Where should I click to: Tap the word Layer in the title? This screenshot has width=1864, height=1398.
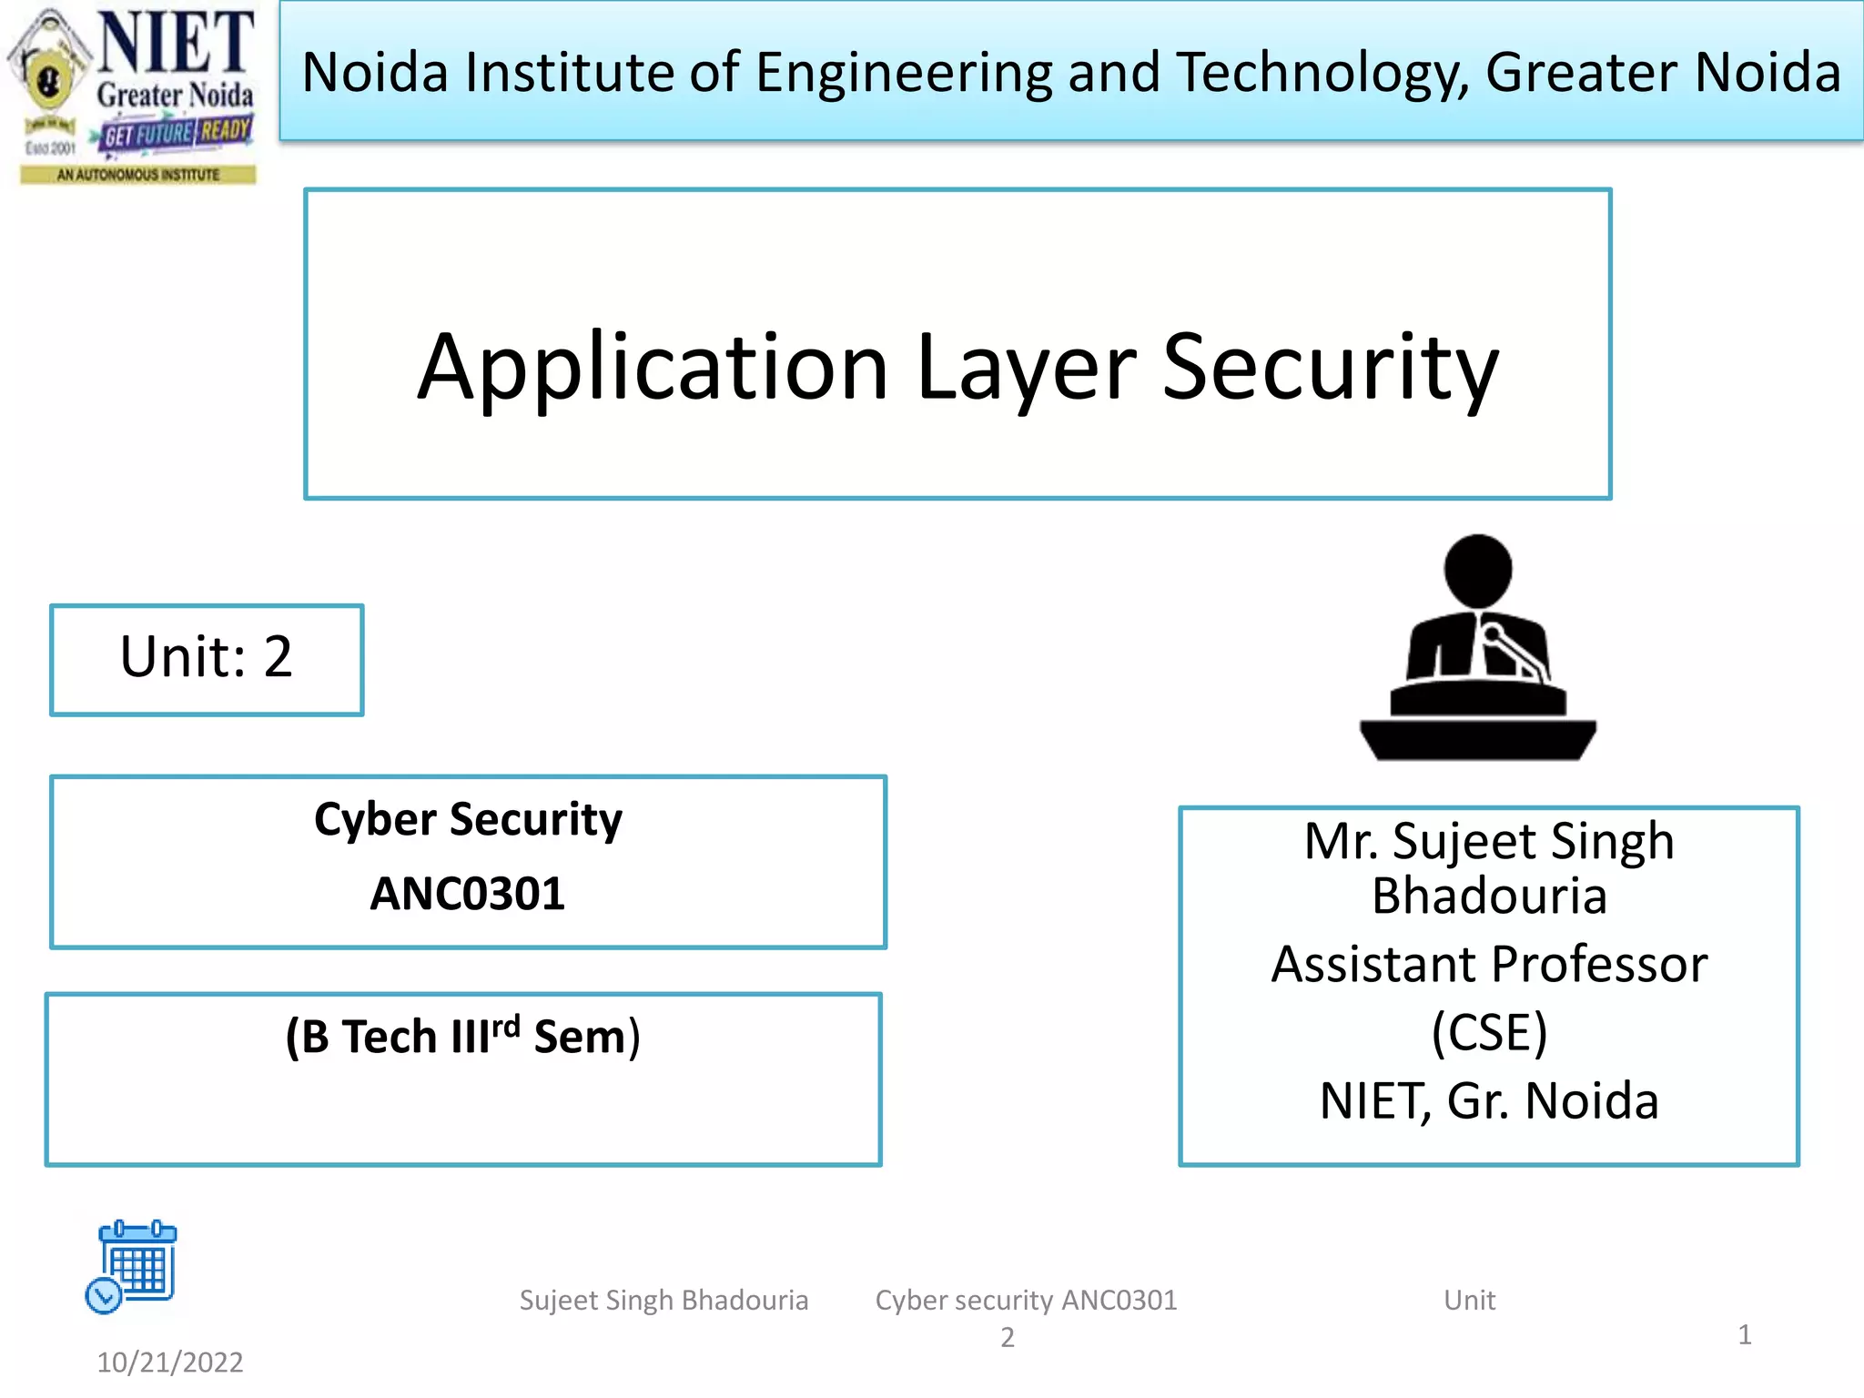click(1027, 369)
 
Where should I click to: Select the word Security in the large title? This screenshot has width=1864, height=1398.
click(1330, 367)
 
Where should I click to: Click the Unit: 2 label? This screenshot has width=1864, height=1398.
click(207, 657)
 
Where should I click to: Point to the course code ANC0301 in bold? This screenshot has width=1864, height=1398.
click(468, 894)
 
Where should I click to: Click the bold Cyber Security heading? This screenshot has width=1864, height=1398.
click(468, 819)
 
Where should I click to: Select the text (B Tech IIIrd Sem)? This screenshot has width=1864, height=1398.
click(463, 1037)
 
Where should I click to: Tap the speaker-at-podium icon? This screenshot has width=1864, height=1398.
click(1477, 648)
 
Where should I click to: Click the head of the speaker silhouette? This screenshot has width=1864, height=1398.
click(1478, 569)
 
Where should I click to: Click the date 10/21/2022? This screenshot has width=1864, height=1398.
click(170, 1363)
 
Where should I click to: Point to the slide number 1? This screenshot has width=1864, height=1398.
click(1744, 1334)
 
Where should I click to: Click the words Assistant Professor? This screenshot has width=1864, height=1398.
click(1489, 964)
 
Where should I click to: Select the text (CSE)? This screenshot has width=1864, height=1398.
click(1489, 1032)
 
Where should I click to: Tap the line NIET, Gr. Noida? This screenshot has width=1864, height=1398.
click(1489, 1100)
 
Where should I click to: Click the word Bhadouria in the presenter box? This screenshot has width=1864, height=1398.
click(1489, 897)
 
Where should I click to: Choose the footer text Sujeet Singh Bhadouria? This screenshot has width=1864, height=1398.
click(664, 1300)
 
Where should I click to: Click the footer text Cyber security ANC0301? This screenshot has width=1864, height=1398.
click(1026, 1300)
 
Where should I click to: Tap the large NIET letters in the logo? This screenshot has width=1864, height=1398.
click(176, 43)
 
